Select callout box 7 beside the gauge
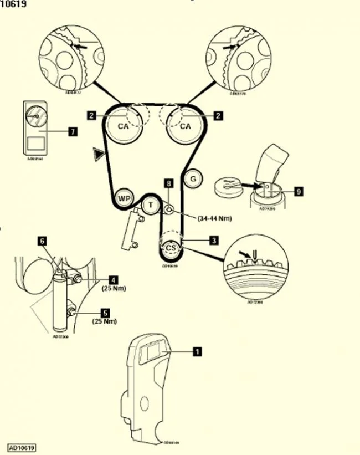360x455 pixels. pos(72,132)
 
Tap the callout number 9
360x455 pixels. pos(299,191)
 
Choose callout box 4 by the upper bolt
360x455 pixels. pos(113,280)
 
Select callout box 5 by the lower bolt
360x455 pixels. pos(113,313)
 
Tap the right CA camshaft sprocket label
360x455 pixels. pos(185,126)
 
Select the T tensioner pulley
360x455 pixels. pos(150,205)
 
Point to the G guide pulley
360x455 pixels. pos(192,178)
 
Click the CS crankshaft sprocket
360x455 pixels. pos(171,248)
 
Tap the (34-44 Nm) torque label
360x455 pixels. pos(214,218)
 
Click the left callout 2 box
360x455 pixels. pos(92,115)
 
